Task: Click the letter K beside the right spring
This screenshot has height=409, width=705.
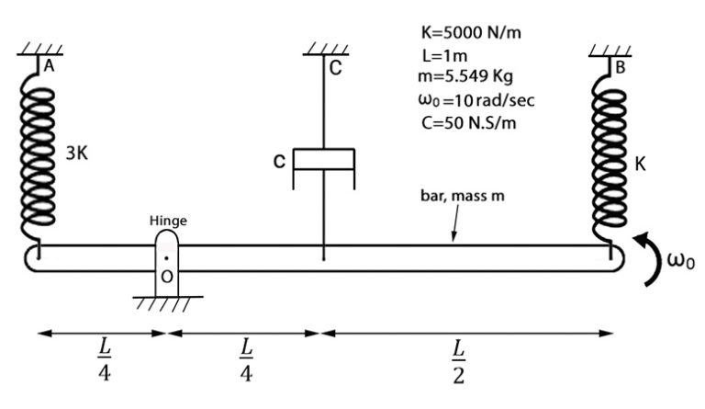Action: tap(640, 165)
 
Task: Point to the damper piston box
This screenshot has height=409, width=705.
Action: tap(323, 160)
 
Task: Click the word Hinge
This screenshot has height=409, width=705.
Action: tap(168, 222)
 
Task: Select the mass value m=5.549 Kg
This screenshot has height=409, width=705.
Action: tap(465, 76)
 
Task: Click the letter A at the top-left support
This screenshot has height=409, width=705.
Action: tap(49, 65)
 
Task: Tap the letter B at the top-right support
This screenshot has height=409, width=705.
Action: tap(621, 65)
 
